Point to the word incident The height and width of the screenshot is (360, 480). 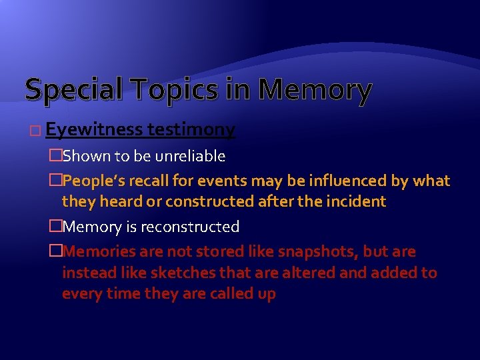pos(357,201)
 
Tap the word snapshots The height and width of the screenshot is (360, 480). pos(299,251)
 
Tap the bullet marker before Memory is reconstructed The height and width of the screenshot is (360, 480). pos(56,227)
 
